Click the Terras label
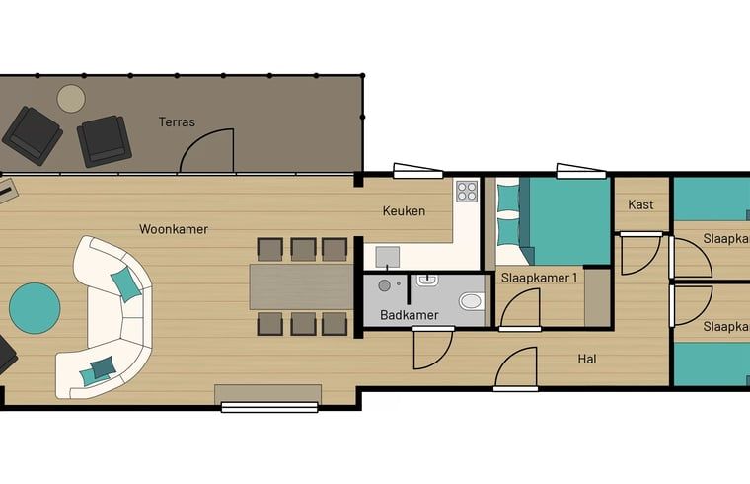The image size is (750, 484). pos(177,122)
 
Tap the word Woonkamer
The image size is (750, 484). pos(173,229)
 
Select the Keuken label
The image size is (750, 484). pos(404,210)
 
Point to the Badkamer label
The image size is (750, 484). pos(409,315)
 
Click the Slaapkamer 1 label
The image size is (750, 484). pos(538,278)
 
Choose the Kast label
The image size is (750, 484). pos(641,205)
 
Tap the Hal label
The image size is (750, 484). pos(587,359)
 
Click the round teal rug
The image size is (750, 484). pos(35,308)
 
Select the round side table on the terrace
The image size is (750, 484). pos(71,98)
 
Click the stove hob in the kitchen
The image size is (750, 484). pos(467,191)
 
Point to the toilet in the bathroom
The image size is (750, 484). pos(471,301)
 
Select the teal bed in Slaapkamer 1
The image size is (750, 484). pos(553,219)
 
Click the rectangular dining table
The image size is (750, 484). pos(301,286)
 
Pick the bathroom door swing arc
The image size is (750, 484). pos(430,349)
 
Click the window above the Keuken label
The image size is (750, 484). pos(417,171)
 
